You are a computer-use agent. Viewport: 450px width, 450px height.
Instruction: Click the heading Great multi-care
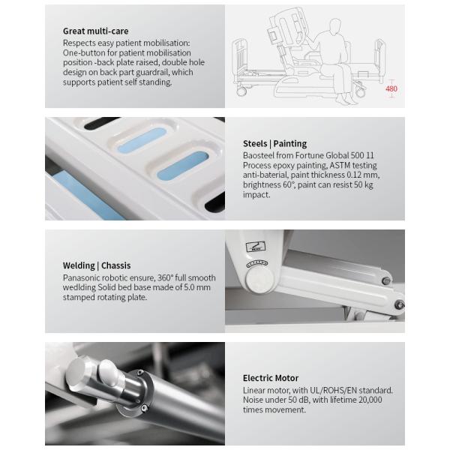coord(95,31)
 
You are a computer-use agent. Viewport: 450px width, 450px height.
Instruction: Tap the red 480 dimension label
coord(391,88)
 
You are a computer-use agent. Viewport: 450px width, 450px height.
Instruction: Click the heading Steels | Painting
coord(275,143)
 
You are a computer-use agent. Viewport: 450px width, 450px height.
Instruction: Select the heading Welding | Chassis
coord(97,265)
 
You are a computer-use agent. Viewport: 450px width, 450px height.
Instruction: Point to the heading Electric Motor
coord(271,378)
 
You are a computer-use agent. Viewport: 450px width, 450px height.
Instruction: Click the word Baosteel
coord(258,155)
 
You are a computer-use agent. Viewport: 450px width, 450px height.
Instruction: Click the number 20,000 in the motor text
coord(370,400)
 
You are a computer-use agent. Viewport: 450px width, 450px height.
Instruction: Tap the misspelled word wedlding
coord(79,287)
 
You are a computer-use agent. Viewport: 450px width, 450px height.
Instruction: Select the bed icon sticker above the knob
coord(256,247)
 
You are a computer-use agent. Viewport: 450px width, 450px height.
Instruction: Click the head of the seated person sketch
coord(334,25)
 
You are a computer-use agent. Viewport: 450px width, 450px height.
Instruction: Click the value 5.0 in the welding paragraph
coord(190,287)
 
